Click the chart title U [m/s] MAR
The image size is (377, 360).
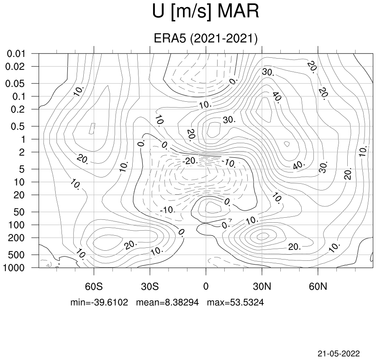[x=205, y=12]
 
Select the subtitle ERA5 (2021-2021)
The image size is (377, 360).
[x=205, y=38]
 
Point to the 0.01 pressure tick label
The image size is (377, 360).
[x=16, y=54]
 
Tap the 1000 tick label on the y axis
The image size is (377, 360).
[x=14, y=267]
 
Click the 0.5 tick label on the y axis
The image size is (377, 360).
[x=18, y=126]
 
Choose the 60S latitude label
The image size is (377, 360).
[x=94, y=286]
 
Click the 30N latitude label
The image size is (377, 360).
[x=262, y=286]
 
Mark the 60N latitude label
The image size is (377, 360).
[x=318, y=286]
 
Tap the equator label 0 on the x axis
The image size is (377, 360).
[x=206, y=286]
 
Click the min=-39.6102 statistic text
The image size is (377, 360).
[x=99, y=302]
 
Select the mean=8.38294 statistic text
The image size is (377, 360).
[x=168, y=302]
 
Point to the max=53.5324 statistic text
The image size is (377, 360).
[x=236, y=302]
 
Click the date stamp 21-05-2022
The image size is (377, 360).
[x=339, y=354]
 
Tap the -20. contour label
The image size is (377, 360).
[x=190, y=161]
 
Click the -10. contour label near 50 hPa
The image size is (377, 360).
[x=168, y=210]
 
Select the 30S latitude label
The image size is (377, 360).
[x=150, y=286]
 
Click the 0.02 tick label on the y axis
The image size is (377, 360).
[x=15, y=67]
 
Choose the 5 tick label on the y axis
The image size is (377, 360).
[x=22, y=169]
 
